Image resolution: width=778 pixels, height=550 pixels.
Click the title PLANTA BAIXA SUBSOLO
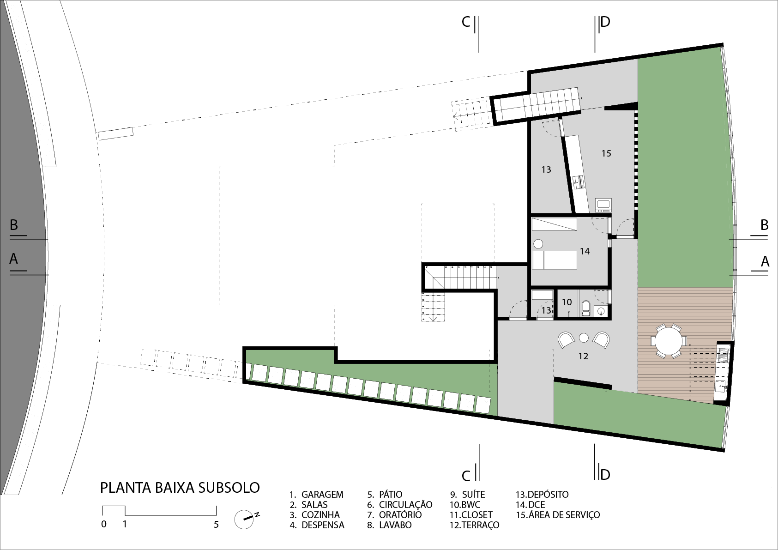click(x=180, y=488)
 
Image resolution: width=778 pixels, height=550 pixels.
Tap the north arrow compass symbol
click(x=245, y=519)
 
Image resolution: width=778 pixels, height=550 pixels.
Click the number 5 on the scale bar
click(x=216, y=524)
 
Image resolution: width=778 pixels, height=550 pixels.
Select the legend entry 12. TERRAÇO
click(x=475, y=525)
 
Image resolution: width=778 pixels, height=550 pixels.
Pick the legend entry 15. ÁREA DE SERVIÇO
click(x=558, y=514)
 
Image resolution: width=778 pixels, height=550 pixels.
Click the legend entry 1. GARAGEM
click(x=316, y=495)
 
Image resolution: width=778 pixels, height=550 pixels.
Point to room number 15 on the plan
click(x=606, y=153)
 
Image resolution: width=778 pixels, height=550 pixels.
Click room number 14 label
click(x=585, y=251)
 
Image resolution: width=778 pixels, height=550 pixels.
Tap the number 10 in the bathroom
click(x=567, y=302)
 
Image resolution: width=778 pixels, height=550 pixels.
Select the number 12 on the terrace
click(x=583, y=356)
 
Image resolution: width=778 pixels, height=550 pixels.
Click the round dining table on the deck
click(x=669, y=341)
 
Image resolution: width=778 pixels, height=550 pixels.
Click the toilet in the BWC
click(x=585, y=308)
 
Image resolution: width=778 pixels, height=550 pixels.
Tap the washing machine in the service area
click(x=603, y=205)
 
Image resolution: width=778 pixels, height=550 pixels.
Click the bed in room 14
click(x=555, y=260)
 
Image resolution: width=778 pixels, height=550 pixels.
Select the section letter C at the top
click(x=466, y=22)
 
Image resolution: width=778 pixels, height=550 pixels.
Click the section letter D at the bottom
click(x=605, y=475)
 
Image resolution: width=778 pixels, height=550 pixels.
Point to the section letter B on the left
click(x=13, y=225)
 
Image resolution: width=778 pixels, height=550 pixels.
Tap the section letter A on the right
click(x=765, y=261)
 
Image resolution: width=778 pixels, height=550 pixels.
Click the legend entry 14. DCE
click(x=531, y=504)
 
